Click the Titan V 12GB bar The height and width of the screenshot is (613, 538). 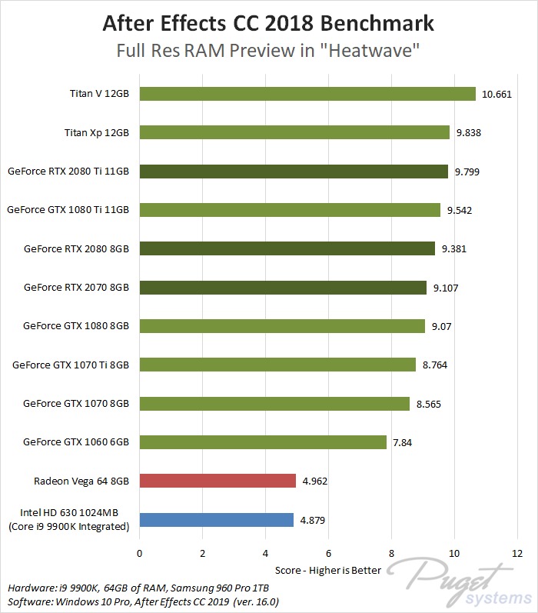click(307, 94)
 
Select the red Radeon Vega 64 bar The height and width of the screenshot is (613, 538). click(218, 481)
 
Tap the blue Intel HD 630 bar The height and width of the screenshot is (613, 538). click(216, 520)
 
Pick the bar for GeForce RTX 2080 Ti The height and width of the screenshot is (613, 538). click(294, 172)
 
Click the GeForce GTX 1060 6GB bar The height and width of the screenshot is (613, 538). click(263, 442)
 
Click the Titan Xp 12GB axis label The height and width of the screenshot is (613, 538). click(97, 132)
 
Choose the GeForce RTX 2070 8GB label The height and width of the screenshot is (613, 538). click(77, 287)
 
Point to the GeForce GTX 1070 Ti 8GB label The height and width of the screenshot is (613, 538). click(71, 365)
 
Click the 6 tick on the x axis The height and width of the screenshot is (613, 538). click(328, 553)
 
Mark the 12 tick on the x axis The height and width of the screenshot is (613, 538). click(516, 553)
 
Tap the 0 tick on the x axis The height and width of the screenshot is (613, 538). click(139, 553)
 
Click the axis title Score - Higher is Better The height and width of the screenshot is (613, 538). click(328, 571)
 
